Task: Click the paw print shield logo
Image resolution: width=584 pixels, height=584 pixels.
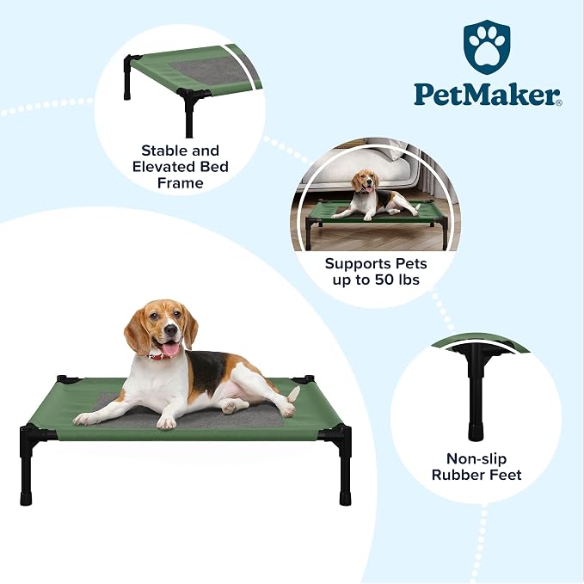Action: (487, 46)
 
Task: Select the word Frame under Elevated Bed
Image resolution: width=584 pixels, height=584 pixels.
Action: (181, 183)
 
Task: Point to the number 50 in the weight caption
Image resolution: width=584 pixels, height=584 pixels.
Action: (384, 280)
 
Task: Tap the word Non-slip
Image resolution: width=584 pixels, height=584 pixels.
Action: (476, 458)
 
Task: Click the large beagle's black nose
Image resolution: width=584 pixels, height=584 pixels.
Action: (170, 329)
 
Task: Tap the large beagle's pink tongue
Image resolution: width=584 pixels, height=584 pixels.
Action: (171, 349)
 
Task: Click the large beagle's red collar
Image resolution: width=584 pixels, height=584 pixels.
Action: (157, 356)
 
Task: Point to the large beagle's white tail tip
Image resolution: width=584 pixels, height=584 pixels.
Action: (294, 393)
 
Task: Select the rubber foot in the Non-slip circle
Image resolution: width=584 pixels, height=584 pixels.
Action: (476, 432)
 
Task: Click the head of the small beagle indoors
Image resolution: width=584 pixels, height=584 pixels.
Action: (365, 181)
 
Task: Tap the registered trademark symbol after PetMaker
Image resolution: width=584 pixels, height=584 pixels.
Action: (559, 103)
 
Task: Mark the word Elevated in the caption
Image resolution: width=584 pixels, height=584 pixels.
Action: (163, 167)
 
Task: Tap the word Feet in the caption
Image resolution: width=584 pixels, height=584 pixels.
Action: (505, 475)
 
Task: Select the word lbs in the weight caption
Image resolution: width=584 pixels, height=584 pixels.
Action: (409, 280)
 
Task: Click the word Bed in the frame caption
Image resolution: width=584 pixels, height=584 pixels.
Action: (214, 167)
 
